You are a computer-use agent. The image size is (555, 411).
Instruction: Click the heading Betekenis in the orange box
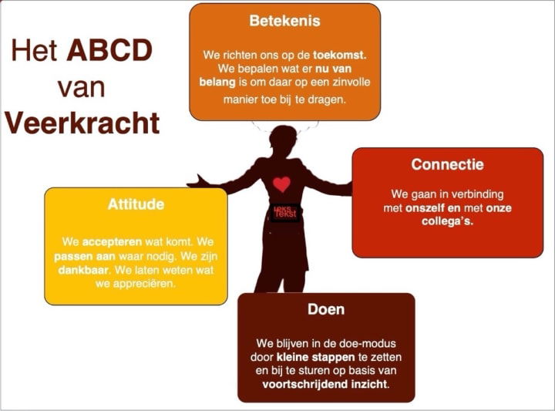(284, 21)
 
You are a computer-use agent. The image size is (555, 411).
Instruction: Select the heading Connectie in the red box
(447, 164)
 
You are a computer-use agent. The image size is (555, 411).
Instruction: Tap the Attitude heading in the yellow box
(136, 205)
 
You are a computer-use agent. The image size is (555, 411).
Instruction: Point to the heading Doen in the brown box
(325, 309)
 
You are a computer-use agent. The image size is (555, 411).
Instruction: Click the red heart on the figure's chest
(282, 184)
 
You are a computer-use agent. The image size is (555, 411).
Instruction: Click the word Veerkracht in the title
(82, 122)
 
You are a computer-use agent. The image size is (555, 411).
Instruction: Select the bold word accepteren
(113, 241)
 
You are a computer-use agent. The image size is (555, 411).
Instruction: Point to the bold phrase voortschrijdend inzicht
(325, 383)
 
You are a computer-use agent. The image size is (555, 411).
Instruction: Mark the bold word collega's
(448, 221)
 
